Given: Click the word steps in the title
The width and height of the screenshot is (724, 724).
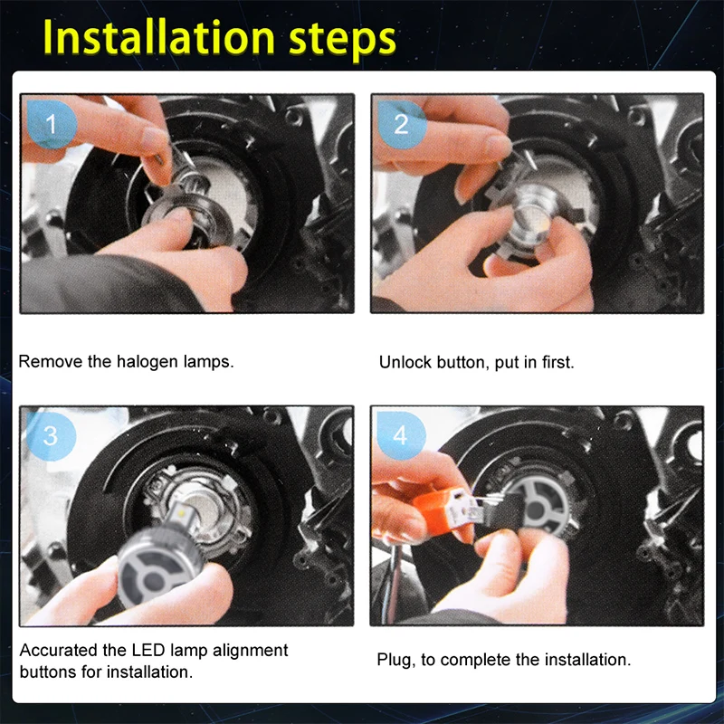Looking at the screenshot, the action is (342, 41).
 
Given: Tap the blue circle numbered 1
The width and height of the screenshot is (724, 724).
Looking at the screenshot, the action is (52, 124).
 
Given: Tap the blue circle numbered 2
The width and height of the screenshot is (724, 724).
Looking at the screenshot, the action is (401, 124).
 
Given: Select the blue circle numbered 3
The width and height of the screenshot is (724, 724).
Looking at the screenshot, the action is (51, 435).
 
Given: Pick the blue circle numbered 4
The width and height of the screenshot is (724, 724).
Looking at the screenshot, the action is (401, 435).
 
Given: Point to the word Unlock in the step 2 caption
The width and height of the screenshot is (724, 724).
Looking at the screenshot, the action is (405, 362).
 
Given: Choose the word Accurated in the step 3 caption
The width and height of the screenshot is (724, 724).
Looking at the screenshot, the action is (59, 650).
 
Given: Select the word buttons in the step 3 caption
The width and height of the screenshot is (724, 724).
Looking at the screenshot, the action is (48, 672).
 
